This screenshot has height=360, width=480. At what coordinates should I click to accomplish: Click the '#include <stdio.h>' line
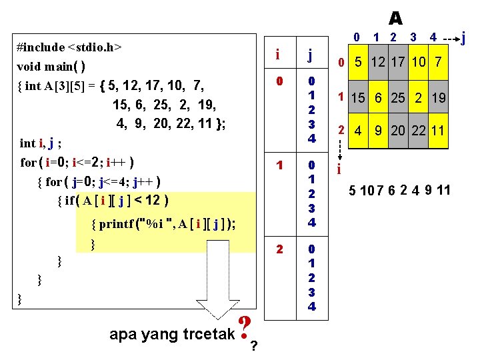pos(69,47)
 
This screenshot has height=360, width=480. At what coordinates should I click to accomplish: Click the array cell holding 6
pos(379,98)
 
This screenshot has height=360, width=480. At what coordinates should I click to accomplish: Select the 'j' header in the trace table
pos(310,55)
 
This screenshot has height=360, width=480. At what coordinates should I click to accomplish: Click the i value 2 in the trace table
pos(279,249)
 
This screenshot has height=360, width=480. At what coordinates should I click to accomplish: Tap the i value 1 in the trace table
pos(279,164)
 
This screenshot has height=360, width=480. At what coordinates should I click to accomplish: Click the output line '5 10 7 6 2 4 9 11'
pos(400,191)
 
